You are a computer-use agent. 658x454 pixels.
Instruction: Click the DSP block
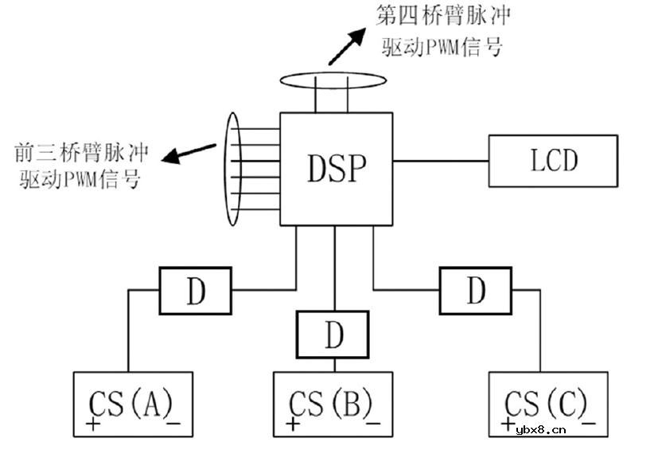pos(336,168)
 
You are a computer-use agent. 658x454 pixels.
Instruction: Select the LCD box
pos(553,161)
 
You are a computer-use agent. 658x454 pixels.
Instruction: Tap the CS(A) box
pos(133,405)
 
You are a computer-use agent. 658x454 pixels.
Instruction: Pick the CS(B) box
pos(333,405)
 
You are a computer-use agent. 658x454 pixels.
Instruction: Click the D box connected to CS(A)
pos(196,291)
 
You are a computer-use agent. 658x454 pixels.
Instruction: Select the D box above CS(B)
pos(333,335)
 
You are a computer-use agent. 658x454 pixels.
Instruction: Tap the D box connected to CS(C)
pos(475,291)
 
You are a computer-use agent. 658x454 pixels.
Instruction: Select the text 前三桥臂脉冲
pos(79,152)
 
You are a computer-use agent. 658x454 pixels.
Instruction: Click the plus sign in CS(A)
pos(93,424)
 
